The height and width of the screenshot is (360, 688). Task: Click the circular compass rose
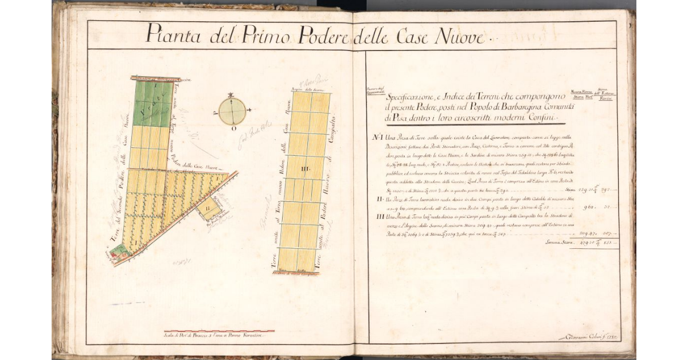coord(232,111)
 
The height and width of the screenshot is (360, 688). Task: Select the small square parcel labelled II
coord(209,210)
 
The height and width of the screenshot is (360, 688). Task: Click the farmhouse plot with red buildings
coord(119,252)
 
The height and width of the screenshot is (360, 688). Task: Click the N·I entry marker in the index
coord(377,138)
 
